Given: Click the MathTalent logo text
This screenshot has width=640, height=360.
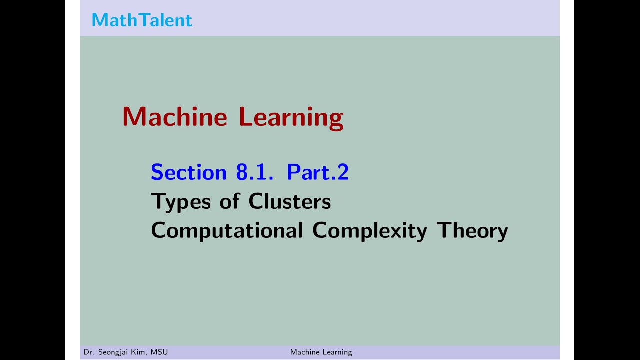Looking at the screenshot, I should tap(142, 20).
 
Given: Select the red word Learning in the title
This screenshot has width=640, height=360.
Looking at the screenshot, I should tap(291, 118).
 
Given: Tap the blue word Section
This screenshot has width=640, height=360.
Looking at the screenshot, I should tap(189, 172).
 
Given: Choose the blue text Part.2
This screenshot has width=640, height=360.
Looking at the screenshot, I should tap(318, 172).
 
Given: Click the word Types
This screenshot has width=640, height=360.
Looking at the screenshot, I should tap(181, 202).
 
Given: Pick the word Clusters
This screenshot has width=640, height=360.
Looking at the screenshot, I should tap(290, 201).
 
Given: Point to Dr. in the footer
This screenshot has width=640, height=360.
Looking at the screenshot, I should tap(88, 352).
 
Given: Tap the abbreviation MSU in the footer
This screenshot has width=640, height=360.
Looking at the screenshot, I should tap(159, 352).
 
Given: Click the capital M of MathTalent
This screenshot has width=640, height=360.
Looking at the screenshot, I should tap(100, 20).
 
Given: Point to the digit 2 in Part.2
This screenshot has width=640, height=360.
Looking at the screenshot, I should tap(343, 172).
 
